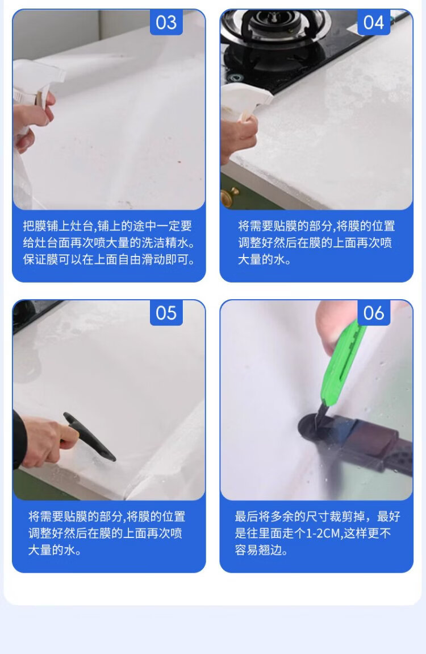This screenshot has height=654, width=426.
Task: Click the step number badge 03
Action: coord(166,22)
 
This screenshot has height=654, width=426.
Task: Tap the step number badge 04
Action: coord(374,22)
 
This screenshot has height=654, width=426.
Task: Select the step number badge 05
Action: coord(166,313)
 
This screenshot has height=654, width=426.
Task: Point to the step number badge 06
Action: coord(374,313)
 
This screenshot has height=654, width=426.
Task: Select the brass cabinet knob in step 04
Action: coord(229,196)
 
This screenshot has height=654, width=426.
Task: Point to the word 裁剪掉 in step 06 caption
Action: coord(347,517)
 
